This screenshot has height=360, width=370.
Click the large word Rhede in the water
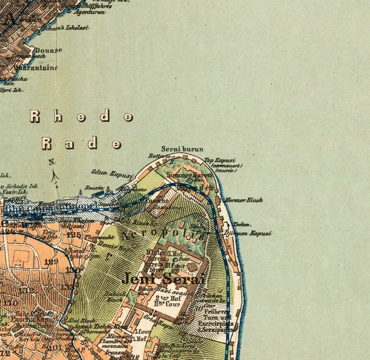point(81,116)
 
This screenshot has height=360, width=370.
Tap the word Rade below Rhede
point(81,143)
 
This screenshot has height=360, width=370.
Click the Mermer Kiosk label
point(244,200)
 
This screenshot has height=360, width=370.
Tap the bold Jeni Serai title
point(163,279)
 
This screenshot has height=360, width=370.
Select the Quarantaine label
point(36,68)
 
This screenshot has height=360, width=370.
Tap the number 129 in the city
point(52,262)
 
